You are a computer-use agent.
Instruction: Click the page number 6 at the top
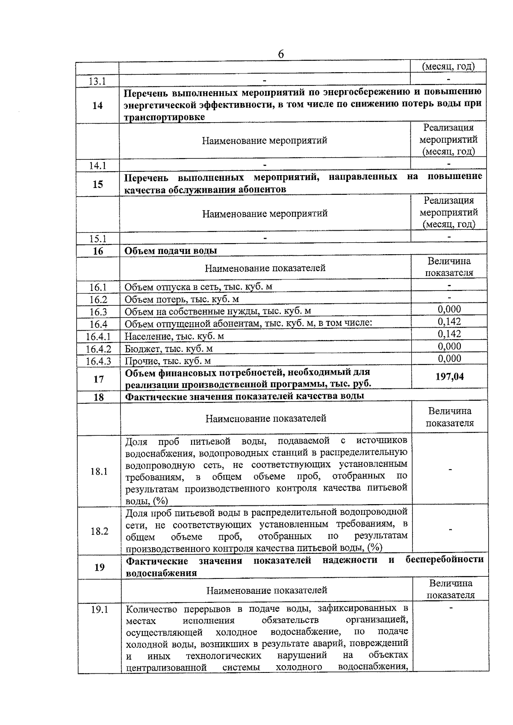281,54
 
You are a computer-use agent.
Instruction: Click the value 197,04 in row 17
449,376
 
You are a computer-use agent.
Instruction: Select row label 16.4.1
98,336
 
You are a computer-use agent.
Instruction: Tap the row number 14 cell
97,105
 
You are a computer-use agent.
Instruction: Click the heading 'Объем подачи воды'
171,251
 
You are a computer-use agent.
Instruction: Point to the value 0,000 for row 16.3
449,309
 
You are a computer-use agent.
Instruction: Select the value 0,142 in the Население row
449,334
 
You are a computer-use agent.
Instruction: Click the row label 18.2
99,531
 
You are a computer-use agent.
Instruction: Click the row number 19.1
99,610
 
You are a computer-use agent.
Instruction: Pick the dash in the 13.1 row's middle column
265,80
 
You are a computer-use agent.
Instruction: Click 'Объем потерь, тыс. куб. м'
182,299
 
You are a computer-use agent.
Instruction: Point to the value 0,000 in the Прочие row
449,358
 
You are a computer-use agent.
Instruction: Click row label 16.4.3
98,361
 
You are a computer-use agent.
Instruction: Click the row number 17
98,379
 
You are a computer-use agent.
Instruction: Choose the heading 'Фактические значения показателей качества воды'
244,396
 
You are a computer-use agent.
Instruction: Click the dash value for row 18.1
450,470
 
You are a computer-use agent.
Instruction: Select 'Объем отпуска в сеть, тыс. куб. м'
198,287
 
